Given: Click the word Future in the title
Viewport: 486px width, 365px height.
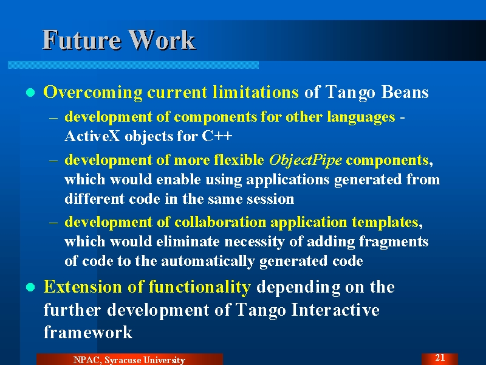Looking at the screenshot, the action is pos(81,40).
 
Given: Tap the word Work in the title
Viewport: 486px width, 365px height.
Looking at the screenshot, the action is pos(162,40).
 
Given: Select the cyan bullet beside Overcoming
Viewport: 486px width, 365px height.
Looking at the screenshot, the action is pos(30,92).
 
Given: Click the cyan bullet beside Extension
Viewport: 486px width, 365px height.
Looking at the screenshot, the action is pos(30,287).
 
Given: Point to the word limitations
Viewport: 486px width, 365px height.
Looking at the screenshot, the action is pos(256,92).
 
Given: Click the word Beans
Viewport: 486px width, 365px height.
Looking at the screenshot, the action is pos(405,92).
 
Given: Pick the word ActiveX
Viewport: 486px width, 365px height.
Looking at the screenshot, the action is pos(92,136).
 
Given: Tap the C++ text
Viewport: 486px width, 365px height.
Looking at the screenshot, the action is pos(217,136).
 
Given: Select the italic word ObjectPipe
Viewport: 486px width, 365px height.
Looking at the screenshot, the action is pos(306,160).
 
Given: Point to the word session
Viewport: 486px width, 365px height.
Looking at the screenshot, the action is pos(270,199).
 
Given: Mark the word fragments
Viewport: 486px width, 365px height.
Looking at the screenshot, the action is pos(394,242).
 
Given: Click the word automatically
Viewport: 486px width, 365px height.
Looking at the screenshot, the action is pos(208,261).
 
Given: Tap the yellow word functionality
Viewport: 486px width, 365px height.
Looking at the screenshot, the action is pos(200,287).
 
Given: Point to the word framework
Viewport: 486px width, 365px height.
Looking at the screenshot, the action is pos(88,332).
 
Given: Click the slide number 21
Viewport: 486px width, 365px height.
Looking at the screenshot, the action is pos(440,358).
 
